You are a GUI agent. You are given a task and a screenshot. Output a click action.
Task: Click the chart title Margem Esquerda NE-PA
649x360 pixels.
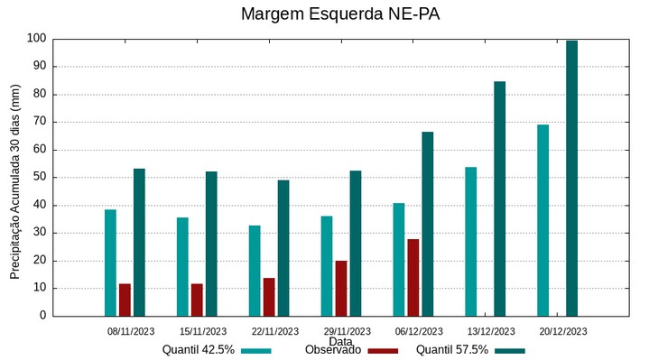tap(340, 14)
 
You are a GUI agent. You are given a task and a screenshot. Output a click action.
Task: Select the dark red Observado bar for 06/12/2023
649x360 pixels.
tap(413, 278)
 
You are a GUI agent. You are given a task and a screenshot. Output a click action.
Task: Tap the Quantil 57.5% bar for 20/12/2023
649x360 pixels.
tap(571, 179)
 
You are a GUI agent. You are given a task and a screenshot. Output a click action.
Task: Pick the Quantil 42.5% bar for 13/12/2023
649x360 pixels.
tap(471, 242)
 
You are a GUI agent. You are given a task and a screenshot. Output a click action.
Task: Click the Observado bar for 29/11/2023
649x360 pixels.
tap(341, 289)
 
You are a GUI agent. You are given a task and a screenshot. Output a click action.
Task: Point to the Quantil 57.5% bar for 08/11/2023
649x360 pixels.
tap(139, 243)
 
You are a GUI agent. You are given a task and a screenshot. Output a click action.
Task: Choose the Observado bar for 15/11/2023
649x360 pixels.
tap(197, 300)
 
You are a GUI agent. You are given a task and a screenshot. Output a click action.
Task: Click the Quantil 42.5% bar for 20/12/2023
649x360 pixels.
tap(542, 220)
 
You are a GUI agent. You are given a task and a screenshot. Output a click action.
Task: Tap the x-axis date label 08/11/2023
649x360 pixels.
tap(131, 331)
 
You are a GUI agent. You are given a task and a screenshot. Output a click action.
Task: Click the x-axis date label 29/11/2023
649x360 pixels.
tap(347, 331)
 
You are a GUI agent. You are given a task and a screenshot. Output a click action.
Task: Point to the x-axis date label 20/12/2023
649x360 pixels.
tap(562, 331)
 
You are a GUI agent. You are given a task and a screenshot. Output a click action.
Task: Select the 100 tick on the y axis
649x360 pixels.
tap(36, 39)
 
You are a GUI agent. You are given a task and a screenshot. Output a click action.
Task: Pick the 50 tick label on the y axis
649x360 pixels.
tap(39, 178)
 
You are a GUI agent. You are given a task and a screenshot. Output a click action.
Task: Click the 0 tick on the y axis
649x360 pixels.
tap(42, 316)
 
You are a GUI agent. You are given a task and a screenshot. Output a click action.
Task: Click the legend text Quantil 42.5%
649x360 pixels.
tap(198, 350)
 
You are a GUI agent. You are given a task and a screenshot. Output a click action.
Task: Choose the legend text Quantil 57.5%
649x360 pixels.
tap(451, 350)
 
